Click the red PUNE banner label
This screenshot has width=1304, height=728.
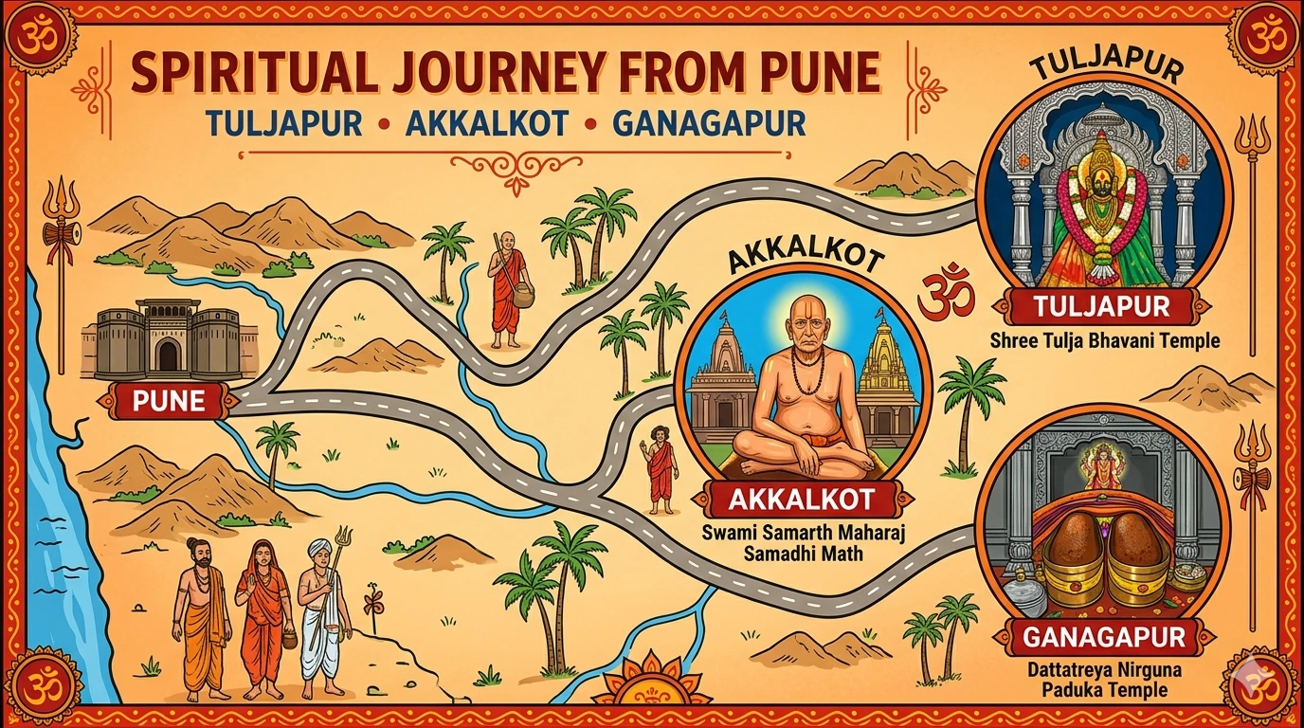(x=169, y=400)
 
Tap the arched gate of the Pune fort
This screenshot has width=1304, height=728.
(x=169, y=354)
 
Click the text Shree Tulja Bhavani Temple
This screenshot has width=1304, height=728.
(x=1105, y=339)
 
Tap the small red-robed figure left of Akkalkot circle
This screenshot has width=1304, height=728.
(x=660, y=468)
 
